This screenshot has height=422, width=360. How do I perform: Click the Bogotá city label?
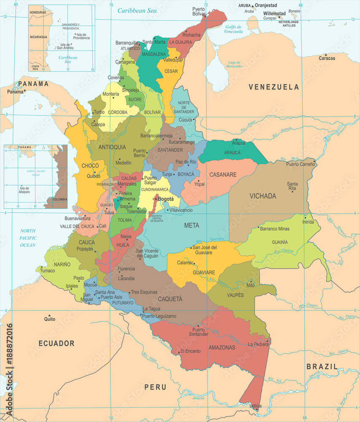165,199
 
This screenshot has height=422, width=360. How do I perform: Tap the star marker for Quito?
49,316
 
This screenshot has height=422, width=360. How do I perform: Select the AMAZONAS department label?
222,347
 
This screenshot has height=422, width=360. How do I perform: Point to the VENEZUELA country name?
274,87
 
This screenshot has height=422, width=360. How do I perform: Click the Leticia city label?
255,406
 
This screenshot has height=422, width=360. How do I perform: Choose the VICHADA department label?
263,196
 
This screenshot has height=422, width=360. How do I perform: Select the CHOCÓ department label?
90,166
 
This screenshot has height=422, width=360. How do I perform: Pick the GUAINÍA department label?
280,242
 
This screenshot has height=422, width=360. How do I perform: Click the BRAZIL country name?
322,367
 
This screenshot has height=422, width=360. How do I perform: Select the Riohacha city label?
191,35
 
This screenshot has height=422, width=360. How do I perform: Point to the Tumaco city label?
48,271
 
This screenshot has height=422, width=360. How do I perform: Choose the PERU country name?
155,387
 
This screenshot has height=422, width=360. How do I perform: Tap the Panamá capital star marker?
25,91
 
